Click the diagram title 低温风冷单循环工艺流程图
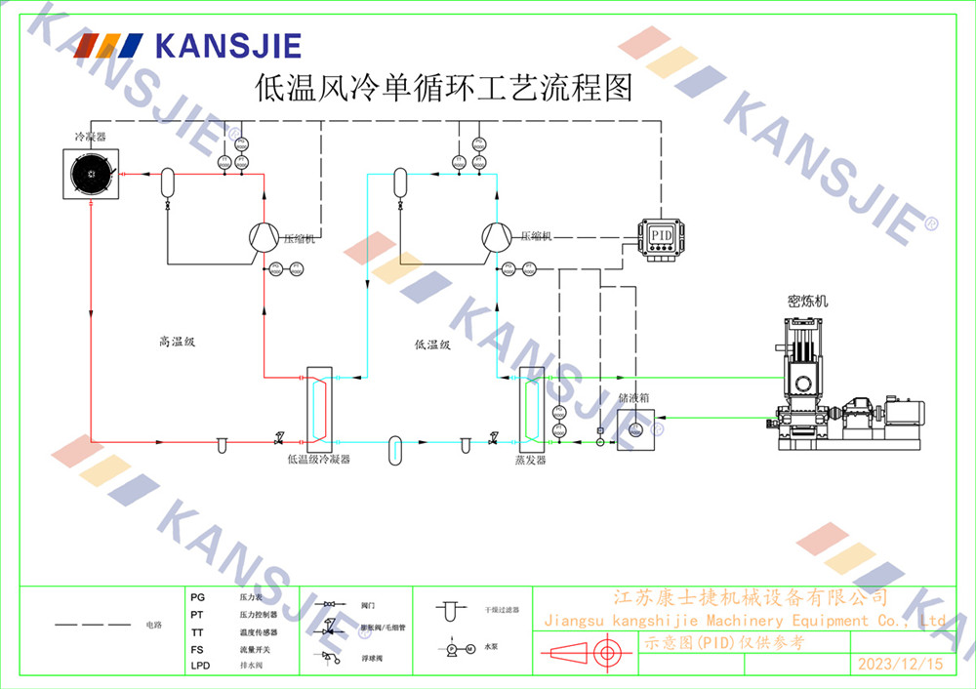coord(443,89)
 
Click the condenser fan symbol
coord(90,173)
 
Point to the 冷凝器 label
coord(90,137)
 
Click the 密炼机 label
coord(807,301)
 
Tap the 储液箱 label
coord(633,398)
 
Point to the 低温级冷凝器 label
coord(318,458)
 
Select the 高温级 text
coord(179,342)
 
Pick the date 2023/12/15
coord(900,664)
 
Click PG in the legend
coord(198,596)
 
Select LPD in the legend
coord(200,666)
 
